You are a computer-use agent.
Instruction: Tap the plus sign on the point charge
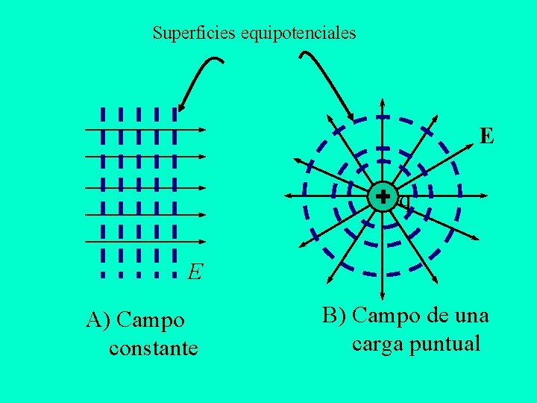383,197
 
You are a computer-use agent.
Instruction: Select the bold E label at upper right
486,136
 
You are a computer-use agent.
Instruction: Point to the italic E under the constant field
195,272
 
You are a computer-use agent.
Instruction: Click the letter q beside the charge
404,200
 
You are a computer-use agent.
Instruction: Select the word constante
153,348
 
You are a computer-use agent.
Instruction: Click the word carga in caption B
377,345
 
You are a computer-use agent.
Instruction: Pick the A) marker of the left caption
98,321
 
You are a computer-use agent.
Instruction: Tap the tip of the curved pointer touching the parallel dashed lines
180,110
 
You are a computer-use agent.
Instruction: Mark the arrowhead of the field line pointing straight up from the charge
383,103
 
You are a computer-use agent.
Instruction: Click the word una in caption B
468,316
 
